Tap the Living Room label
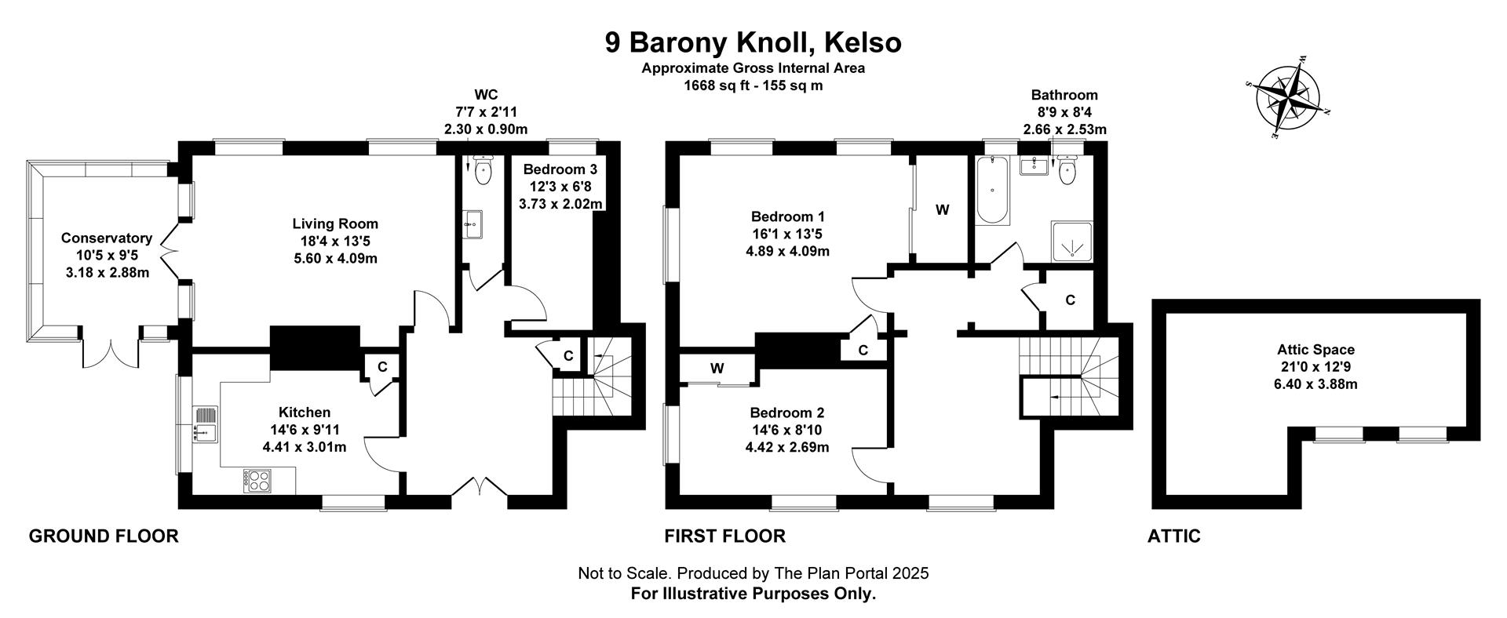click(335, 224)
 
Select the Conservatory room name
click(107, 238)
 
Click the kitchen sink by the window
click(204, 424)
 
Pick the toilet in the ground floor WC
click(483, 172)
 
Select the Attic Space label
click(1315, 350)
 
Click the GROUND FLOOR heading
click(104, 536)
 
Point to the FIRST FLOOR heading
click(724, 536)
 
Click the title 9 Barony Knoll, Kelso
click(753, 42)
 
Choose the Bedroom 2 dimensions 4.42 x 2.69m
click(787, 448)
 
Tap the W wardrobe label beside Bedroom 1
click(943, 209)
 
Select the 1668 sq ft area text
click(716, 85)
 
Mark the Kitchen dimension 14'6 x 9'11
click(305, 430)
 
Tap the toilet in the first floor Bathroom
click(1067, 169)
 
